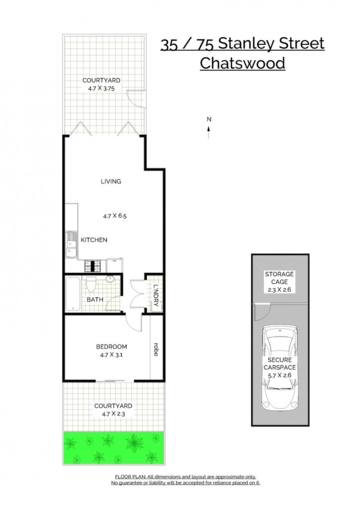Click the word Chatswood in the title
coord(242,63)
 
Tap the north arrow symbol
coord(209,132)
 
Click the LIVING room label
coord(111,181)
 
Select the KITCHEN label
coord(94,240)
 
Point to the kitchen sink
coord(70,244)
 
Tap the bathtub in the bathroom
coord(73,294)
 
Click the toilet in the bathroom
coord(90,284)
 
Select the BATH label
coord(95,299)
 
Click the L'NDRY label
coord(156,295)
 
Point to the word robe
coord(156,349)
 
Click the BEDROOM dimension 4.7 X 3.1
coord(111,355)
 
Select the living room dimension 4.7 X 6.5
coord(114,216)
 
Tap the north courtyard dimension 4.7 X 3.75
coord(101,88)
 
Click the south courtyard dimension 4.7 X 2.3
coord(113,414)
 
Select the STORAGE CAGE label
coord(279,278)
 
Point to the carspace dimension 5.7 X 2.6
coord(279,375)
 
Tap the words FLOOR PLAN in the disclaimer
coord(130,477)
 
